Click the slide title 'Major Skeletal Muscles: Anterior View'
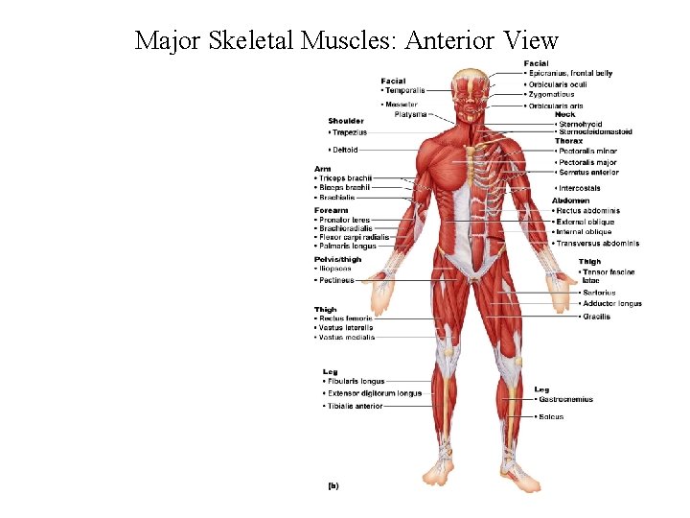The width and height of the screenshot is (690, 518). [x=346, y=40]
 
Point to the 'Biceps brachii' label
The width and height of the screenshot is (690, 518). [x=344, y=187]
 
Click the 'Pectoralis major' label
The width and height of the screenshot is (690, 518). [x=586, y=163]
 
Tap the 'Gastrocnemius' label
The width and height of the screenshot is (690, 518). [x=565, y=399]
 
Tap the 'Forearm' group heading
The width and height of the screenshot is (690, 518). [x=331, y=210]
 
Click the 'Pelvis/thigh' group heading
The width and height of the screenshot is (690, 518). [x=337, y=259]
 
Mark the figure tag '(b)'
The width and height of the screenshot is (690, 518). [x=333, y=485]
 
